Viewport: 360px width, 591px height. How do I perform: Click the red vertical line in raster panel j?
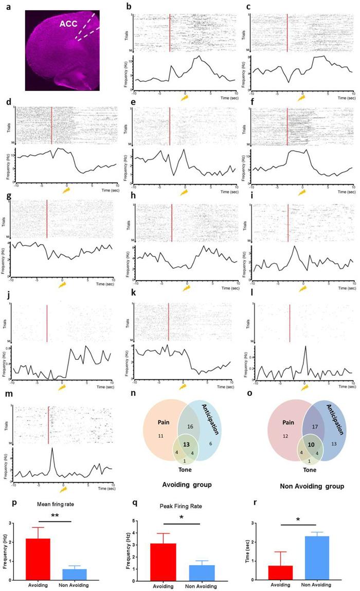[x=47, y=323]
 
